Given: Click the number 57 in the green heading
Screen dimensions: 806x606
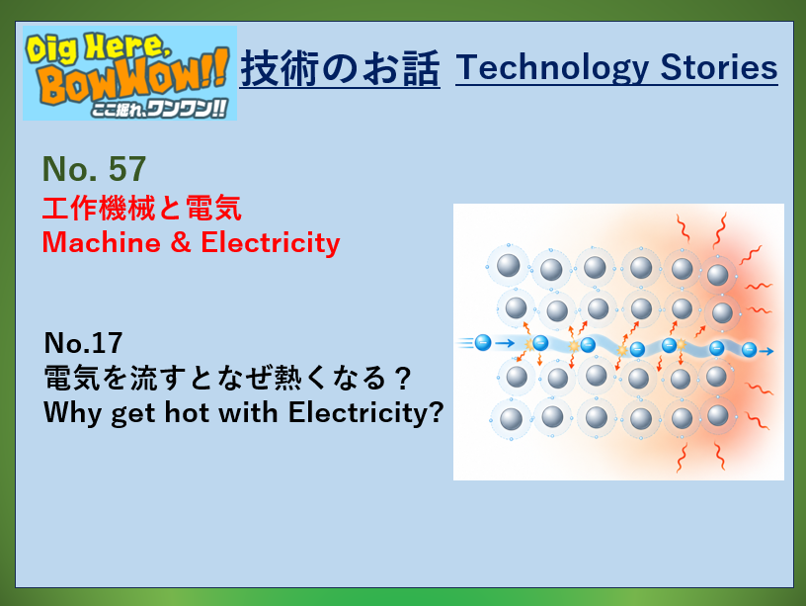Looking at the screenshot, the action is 127,169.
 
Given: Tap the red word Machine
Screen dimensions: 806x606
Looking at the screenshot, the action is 102,242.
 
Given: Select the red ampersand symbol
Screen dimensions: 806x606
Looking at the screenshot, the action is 181,242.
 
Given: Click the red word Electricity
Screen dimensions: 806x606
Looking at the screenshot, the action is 271,242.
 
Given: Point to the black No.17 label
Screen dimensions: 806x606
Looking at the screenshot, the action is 83,343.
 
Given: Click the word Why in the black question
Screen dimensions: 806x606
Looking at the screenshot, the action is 73,412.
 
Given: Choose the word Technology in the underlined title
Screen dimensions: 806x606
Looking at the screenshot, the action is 552,68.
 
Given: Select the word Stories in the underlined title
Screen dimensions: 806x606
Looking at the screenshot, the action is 719,67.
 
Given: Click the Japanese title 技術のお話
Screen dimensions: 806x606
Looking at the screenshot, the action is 341,68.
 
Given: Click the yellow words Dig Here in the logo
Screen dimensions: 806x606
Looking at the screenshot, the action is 97,47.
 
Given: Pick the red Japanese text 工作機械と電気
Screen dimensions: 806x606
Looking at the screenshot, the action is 142,208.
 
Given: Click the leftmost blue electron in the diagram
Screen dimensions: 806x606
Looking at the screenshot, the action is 483,342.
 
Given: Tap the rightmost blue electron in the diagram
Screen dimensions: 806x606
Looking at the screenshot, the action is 750,350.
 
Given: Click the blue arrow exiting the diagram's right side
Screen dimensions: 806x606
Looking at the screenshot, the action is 766,351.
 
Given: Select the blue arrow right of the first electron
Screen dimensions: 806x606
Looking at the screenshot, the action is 505,343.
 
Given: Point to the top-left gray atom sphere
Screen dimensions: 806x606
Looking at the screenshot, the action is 509,266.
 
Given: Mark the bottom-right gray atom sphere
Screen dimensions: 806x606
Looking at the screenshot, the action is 718,415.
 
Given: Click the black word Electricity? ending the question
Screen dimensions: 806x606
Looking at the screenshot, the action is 366,412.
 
